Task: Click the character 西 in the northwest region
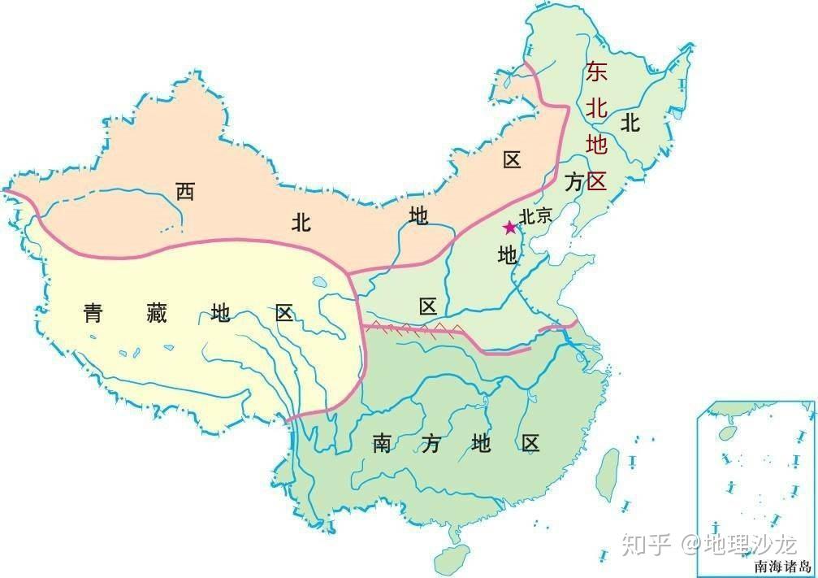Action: click(x=185, y=192)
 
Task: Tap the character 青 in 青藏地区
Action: click(x=93, y=312)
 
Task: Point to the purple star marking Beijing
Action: click(x=509, y=227)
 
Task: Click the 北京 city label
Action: click(x=536, y=216)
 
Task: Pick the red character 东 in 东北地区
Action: click(x=596, y=72)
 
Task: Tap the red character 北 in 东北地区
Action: click(x=596, y=109)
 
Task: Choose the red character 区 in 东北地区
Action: click(x=597, y=180)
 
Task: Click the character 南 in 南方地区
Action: click(x=383, y=444)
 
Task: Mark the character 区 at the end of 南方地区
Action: click(x=530, y=444)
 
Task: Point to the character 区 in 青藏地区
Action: click(x=283, y=312)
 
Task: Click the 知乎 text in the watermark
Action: click(x=646, y=544)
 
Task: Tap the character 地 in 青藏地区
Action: click(x=220, y=312)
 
